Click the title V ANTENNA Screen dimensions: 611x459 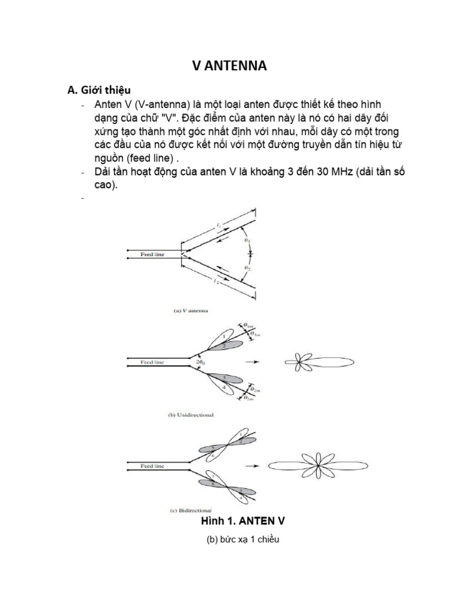click(229, 66)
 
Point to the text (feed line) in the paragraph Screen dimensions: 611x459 click(150, 159)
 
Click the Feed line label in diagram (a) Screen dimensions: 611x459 click(152, 254)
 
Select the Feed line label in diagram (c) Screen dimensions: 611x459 click(152, 464)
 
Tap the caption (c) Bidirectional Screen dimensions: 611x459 click(191, 511)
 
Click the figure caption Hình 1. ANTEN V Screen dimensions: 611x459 click(243, 521)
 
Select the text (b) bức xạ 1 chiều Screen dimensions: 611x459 click(243, 540)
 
